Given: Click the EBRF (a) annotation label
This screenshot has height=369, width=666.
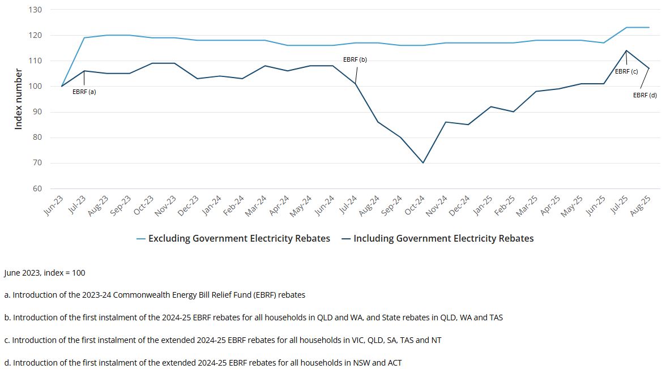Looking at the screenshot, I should (84, 92).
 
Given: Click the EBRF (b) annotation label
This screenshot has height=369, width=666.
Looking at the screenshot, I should (355, 59).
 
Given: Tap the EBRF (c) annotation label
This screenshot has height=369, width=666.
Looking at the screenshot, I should (626, 71).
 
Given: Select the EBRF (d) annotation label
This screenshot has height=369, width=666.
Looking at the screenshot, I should (644, 95).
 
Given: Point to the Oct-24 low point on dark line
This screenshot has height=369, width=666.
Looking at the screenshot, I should (422, 163).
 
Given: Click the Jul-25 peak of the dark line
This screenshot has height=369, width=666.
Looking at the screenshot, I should (626, 50).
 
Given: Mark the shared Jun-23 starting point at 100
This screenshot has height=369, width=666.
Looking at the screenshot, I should (62, 86).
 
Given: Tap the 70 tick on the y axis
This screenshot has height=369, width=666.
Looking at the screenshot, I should (37, 163).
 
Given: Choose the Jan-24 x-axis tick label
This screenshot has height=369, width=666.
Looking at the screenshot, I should (213, 206).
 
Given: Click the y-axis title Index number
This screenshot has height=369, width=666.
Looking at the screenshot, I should (18, 99).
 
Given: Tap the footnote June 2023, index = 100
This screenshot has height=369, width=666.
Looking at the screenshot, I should (45, 273).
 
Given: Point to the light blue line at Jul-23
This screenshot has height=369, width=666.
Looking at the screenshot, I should (84, 38).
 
